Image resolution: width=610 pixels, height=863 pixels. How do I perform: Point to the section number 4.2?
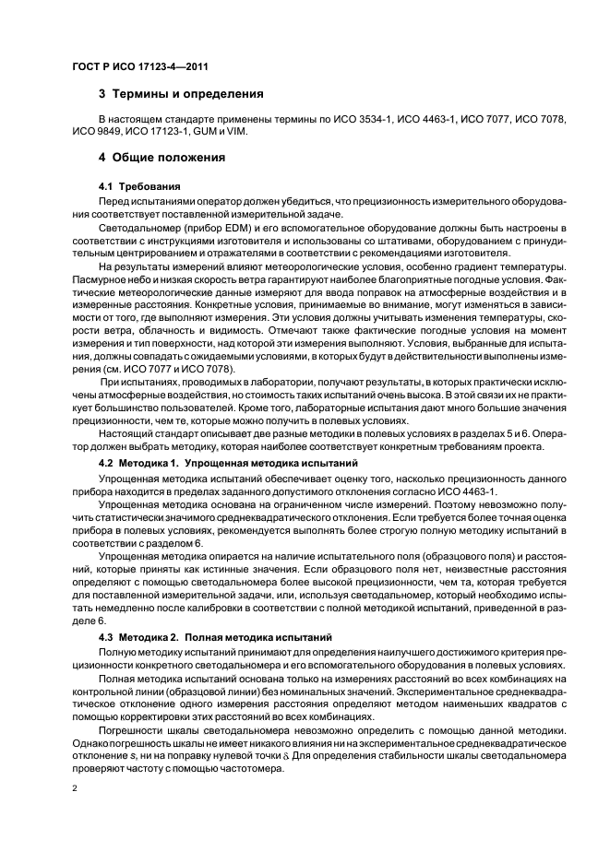coord(105,460)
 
